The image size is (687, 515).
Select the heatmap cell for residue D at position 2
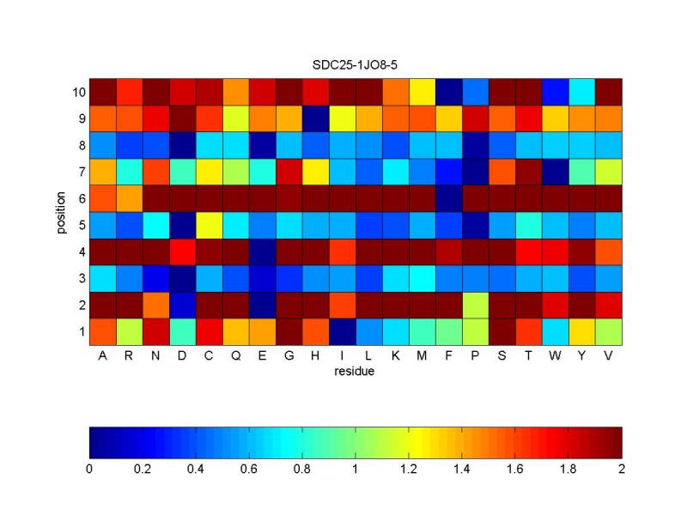click(x=182, y=304)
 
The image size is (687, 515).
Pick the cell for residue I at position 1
click(x=342, y=330)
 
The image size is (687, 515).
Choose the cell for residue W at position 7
click(x=555, y=171)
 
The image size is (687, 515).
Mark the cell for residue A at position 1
click(x=102, y=330)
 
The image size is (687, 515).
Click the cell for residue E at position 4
click(x=262, y=251)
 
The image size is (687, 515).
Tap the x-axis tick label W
click(x=555, y=355)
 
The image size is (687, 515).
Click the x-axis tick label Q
click(x=235, y=355)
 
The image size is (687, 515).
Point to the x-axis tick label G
click(x=289, y=355)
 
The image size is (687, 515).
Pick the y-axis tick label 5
click(x=80, y=225)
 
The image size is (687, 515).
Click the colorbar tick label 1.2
click(x=409, y=470)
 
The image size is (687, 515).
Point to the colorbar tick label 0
click(x=89, y=470)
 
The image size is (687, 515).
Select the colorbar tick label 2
click(x=621, y=470)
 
